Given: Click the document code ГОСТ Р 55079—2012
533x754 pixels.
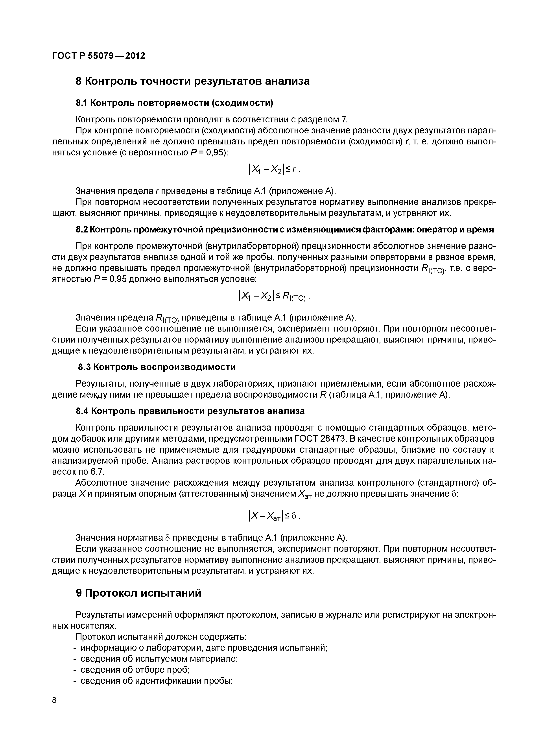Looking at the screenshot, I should pos(99,56).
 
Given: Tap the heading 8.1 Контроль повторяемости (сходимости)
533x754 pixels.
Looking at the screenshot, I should pos(174,103).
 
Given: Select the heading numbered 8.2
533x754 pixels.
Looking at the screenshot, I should pos(284,230).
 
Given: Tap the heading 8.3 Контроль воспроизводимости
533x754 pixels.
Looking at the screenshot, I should pos(157,367).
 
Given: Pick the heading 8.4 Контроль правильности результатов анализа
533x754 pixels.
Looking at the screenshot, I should pos(190,411).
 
